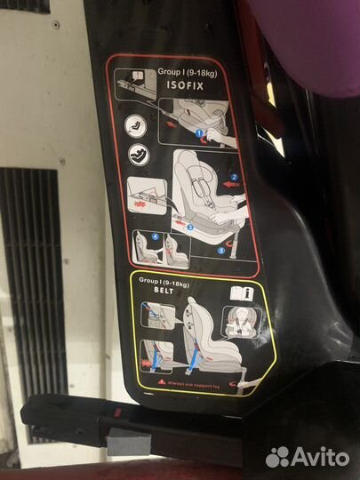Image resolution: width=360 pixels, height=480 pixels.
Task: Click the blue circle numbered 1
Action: coord(201,133)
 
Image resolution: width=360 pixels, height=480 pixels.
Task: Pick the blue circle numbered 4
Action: coord(155,236)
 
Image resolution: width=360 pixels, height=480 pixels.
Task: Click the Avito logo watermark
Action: coord(307,456)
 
